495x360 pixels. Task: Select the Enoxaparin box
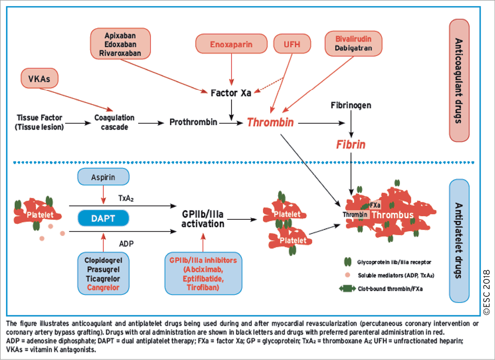[x=231, y=44]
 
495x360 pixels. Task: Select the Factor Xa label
[x=231, y=93]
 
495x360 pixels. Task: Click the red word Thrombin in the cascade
[x=270, y=123]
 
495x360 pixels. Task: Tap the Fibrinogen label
[x=351, y=105]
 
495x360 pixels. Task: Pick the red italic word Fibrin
[x=351, y=144]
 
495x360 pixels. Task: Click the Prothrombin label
[x=194, y=123]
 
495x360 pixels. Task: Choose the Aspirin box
[x=103, y=176]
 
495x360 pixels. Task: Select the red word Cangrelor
[x=103, y=288]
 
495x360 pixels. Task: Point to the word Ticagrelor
[x=103, y=278]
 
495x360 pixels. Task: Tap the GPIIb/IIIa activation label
[x=203, y=219]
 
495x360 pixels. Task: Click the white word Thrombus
[x=393, y=215]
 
